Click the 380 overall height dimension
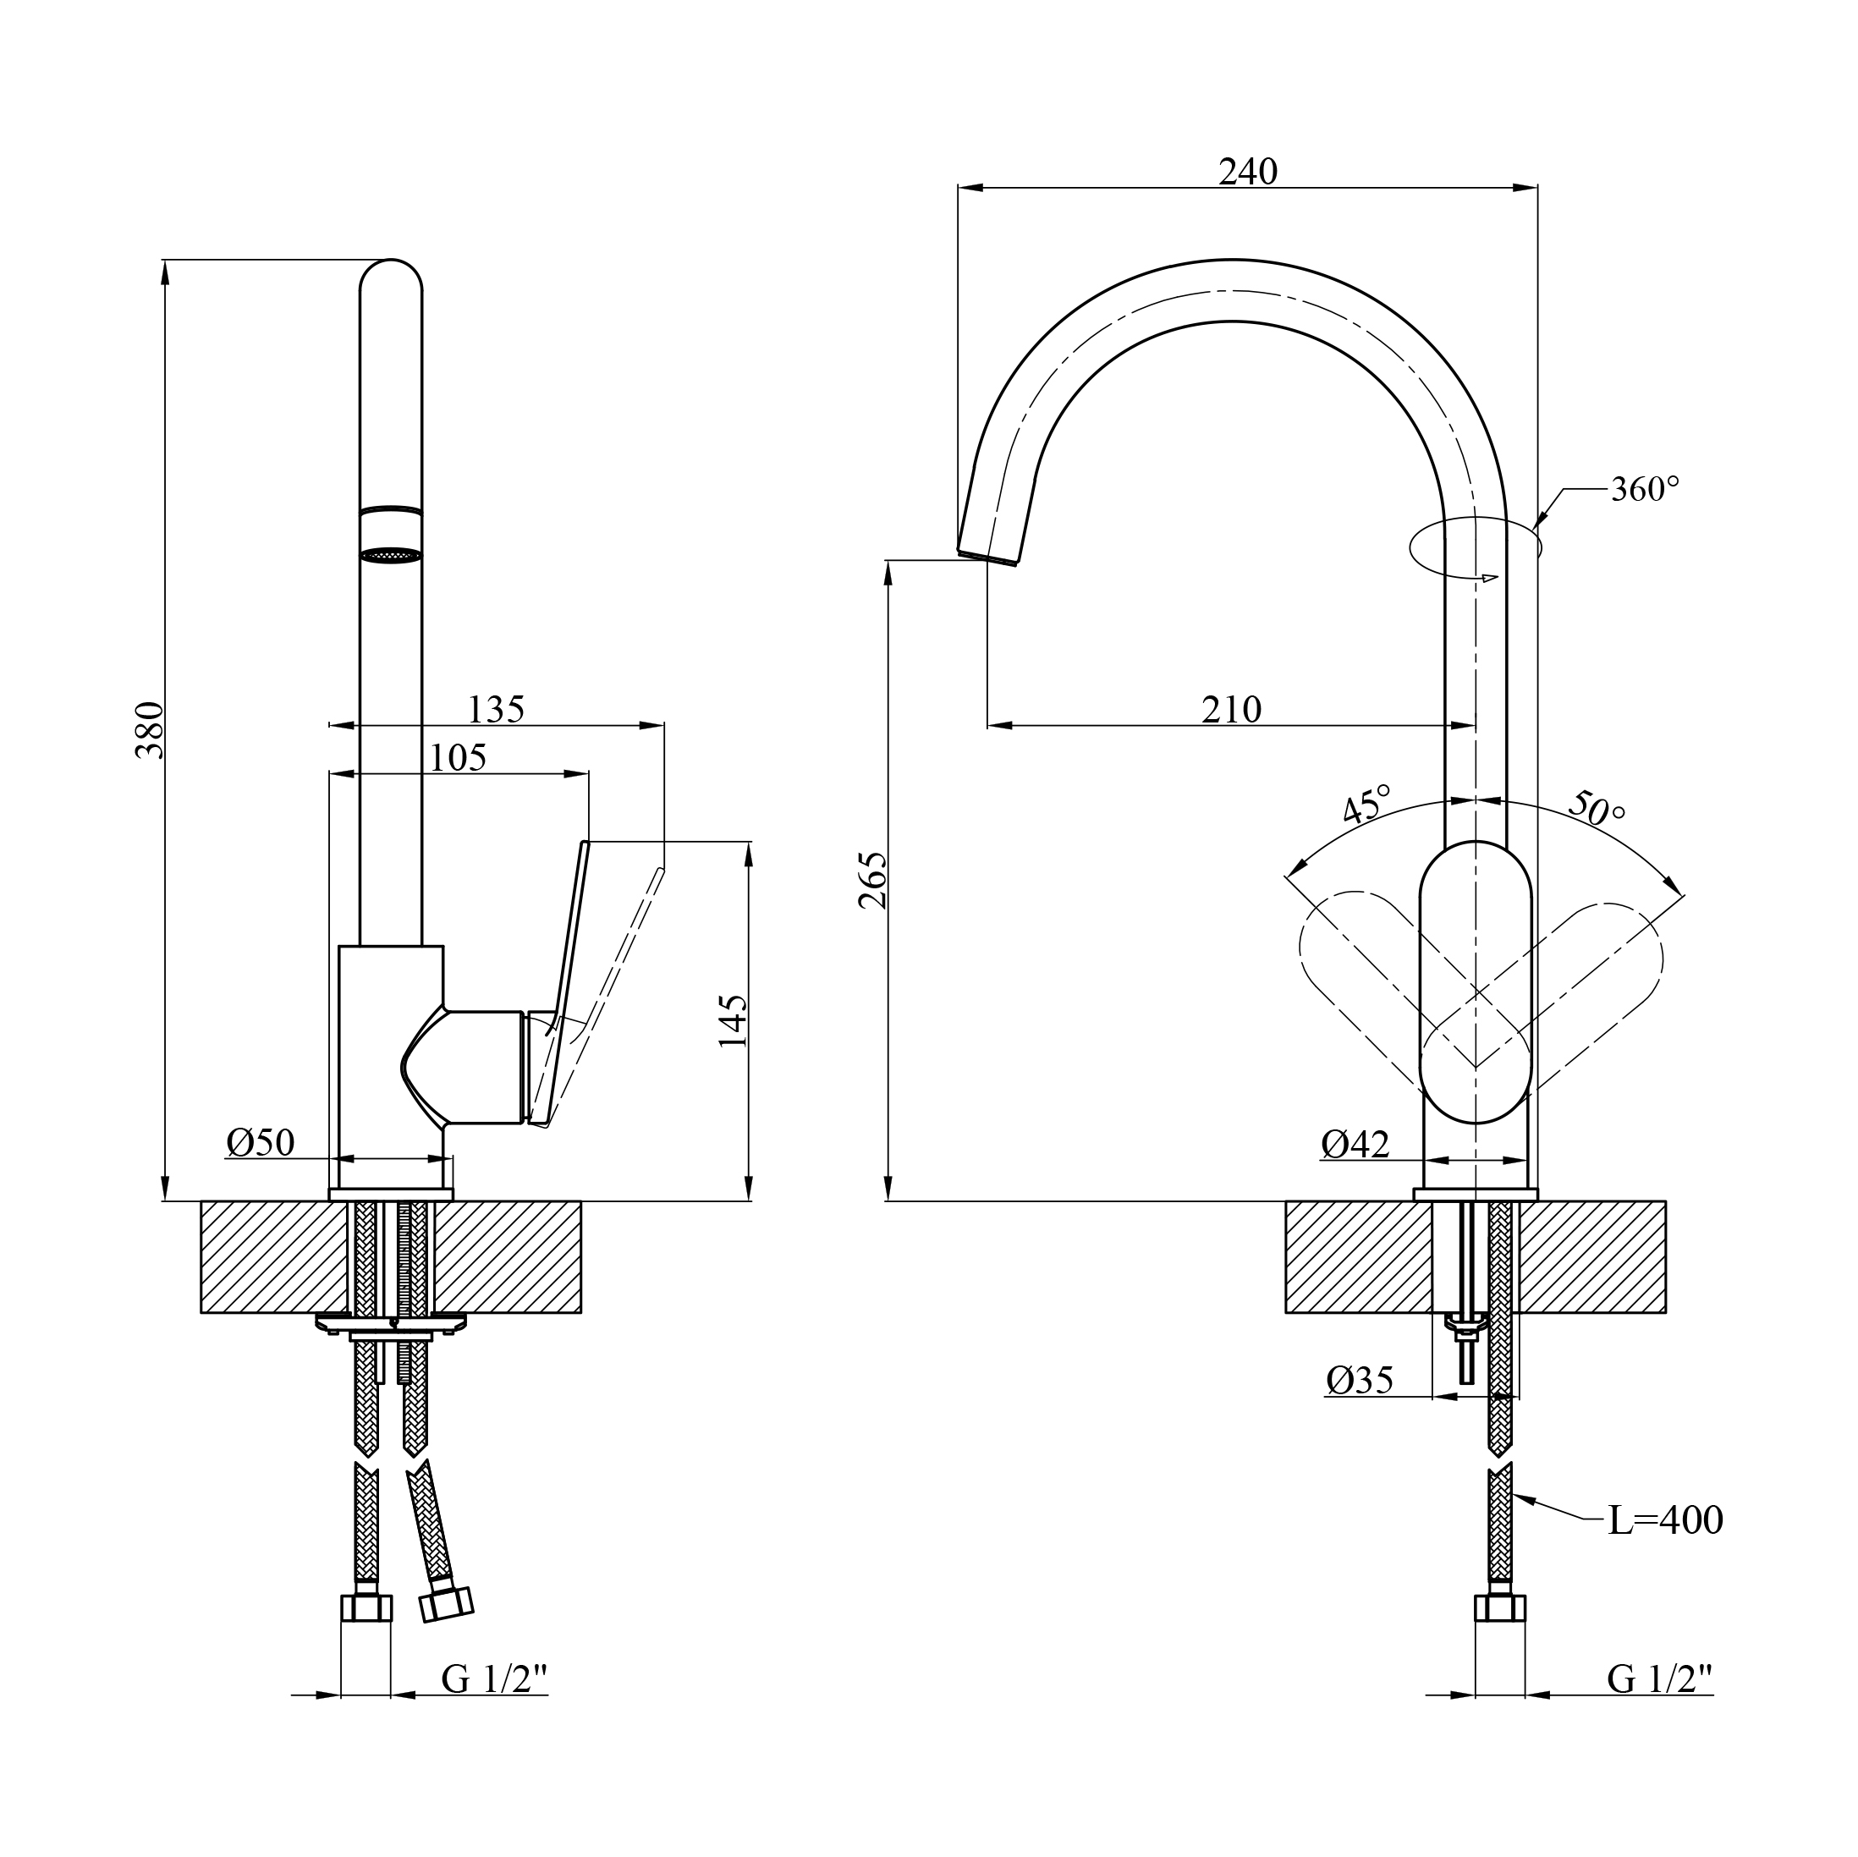point(150,730)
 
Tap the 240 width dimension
point(1247,172)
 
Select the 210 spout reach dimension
point(1231,710)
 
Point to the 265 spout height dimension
point(873,880)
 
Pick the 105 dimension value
point(457,758)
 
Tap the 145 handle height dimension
point(733,1021)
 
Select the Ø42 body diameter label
point(1355,1145)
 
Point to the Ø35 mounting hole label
point(1359,1381)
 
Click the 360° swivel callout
point(1646,490)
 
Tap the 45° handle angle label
point(1366,804)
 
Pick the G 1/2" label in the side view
point(494,1680)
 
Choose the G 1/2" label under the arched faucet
point(1660,1680)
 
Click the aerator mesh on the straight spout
point(390,555)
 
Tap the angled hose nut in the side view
point(448,1603)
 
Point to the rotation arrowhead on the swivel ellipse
point(1490,578)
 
